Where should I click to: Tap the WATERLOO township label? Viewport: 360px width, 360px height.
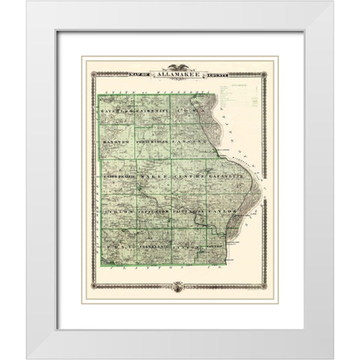click(x=113, y=110)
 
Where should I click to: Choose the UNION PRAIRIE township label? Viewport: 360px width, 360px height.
click(x=117, y=177)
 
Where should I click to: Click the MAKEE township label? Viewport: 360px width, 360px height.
click(x=153, y=177)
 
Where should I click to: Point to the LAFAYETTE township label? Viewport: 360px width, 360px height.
click(x=226, y=177)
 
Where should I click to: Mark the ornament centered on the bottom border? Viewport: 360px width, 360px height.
click(x=179, y=286)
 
